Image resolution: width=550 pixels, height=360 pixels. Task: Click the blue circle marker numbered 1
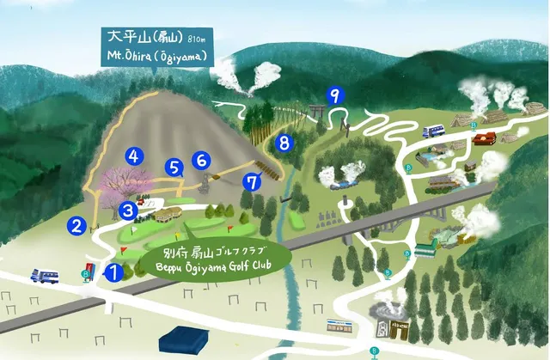[x=113, y=272]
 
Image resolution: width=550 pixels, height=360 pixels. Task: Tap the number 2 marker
[x=76, y=226]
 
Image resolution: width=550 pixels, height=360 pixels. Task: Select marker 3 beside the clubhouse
[x=128, y=210]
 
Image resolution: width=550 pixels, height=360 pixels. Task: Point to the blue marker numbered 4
[x=133, y=156]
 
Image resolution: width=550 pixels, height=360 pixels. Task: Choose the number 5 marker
[x=175, y=168]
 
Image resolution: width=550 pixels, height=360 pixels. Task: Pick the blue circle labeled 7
[x=252, y=181]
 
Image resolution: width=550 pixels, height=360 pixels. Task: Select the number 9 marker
[x=335, y=95]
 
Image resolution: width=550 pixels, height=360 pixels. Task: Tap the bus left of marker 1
[x=45, y=277]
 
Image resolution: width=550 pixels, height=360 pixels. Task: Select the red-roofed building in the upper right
[x=484, y=137]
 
